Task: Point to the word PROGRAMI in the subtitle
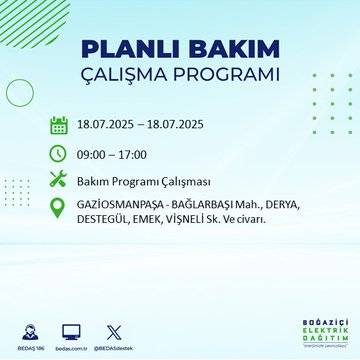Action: click(x=229, y=76)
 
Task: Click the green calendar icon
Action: click(x=59, y=125)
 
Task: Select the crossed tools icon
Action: click(x=59, y=180)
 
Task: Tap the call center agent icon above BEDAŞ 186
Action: click(x=28, y=329)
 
